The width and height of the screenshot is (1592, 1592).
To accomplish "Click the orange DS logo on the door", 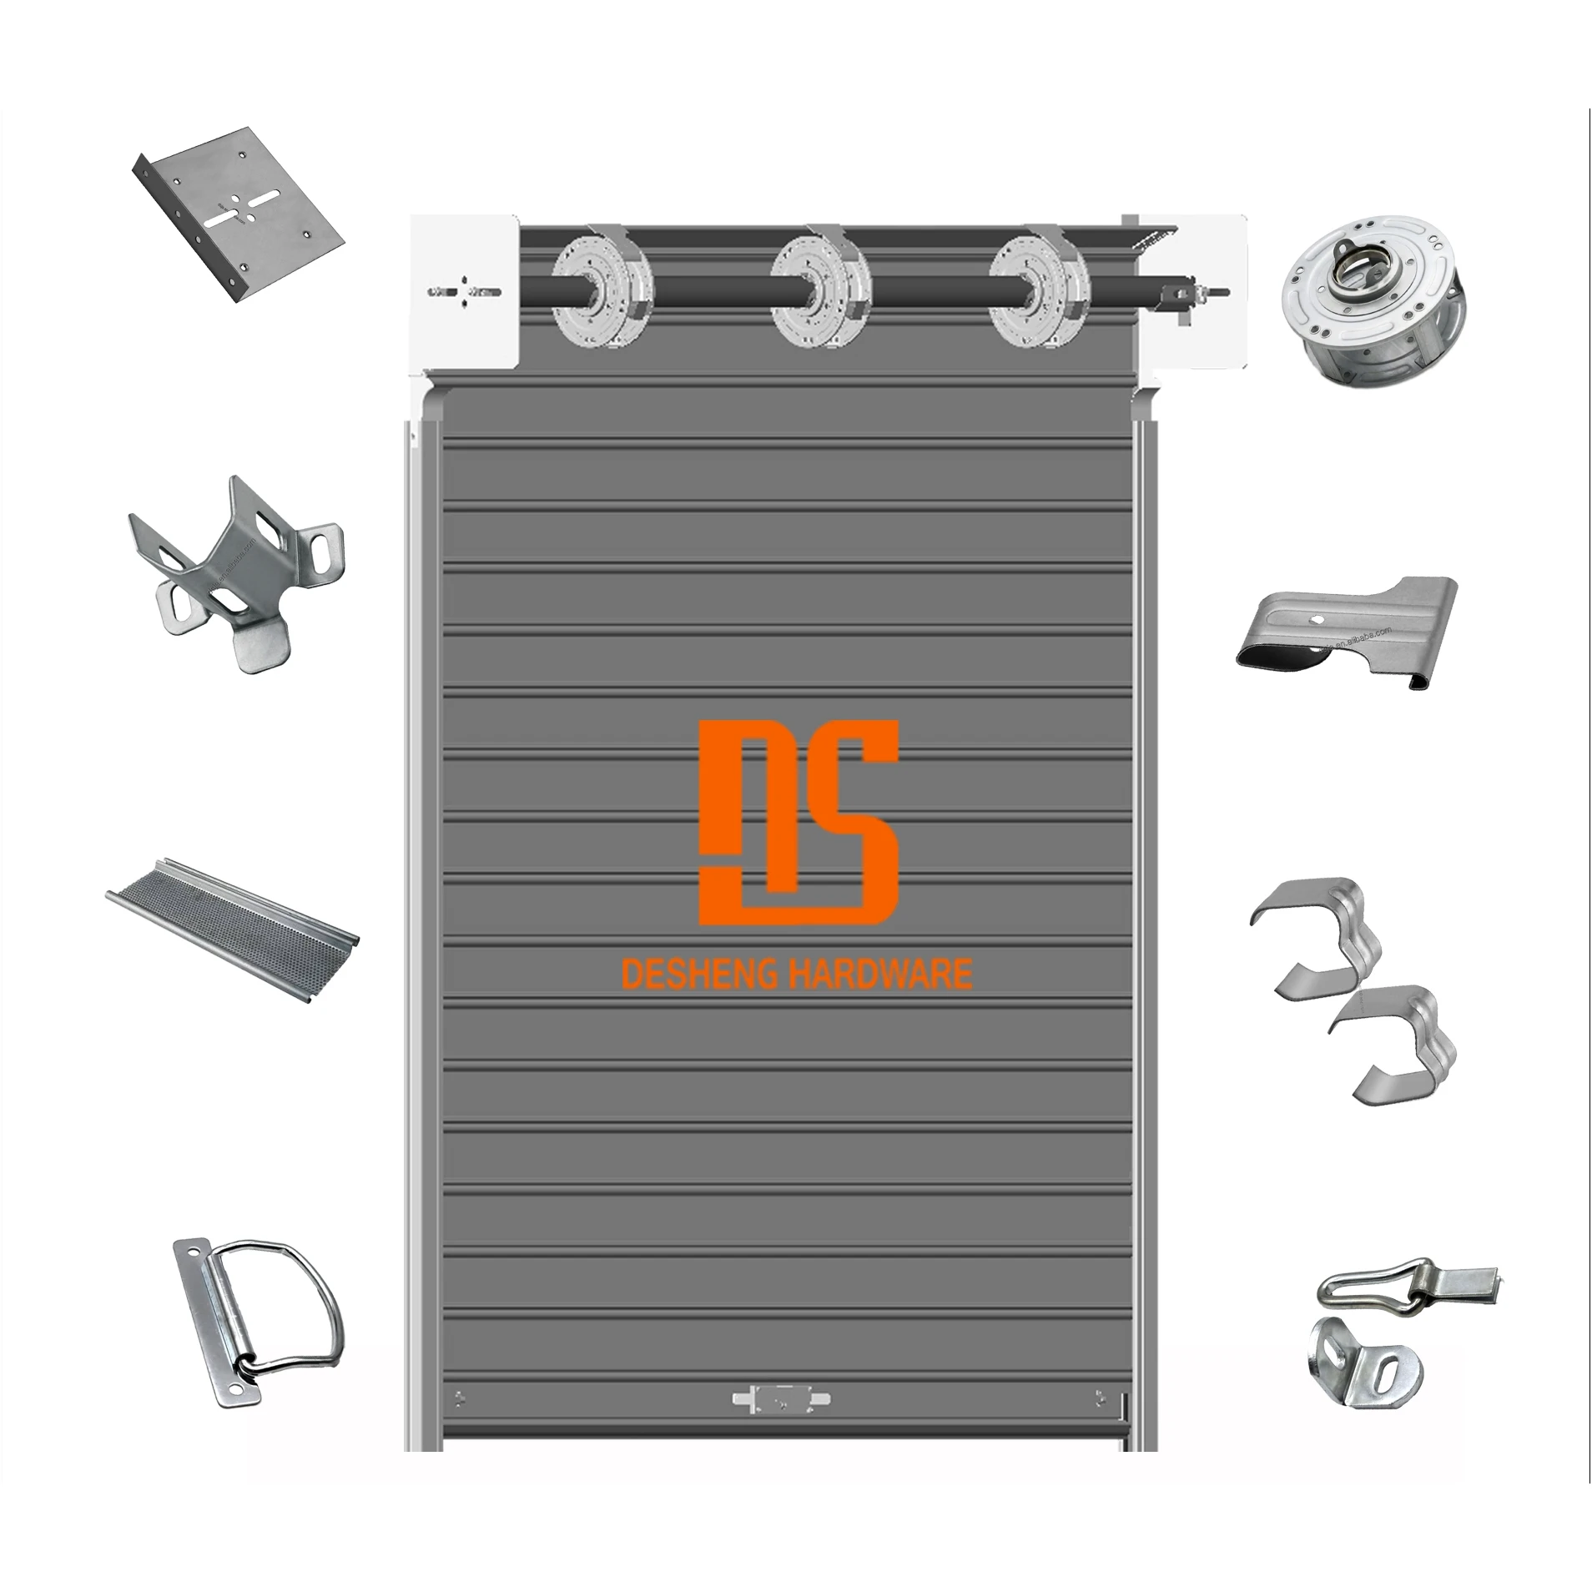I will (798, 822).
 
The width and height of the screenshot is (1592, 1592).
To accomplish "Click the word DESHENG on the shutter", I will (700, 975).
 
